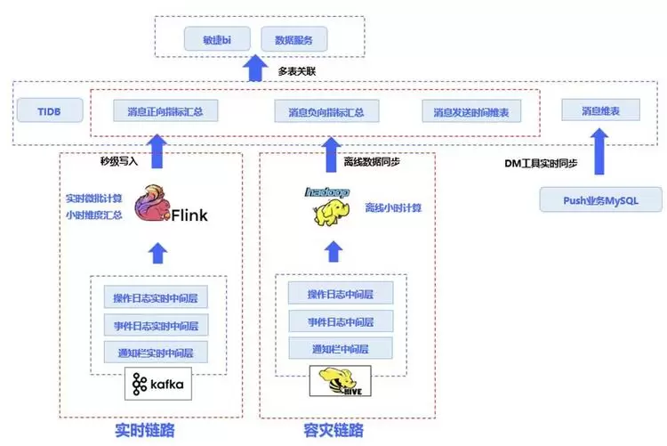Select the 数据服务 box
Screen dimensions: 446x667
294,40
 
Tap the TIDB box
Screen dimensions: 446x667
39,111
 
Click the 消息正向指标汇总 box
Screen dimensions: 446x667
166,112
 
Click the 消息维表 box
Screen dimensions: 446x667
600,111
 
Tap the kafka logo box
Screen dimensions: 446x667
158,384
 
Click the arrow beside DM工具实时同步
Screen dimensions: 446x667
600,150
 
